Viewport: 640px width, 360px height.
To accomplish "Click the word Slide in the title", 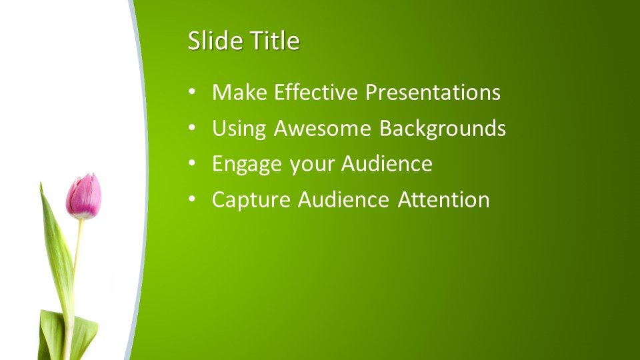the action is (215, 40).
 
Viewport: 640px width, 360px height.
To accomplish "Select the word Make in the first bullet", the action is (239, 92).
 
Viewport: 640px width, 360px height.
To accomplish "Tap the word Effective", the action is (316, 92).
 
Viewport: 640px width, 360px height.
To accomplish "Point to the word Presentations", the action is (433, 92).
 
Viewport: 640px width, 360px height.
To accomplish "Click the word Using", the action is (239, 129).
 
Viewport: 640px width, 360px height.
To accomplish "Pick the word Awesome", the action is (323, 128).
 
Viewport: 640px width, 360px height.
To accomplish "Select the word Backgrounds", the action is (443, 129).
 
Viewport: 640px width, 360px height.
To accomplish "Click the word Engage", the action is (247, 165).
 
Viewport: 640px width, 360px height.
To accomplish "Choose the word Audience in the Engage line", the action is (387, 164).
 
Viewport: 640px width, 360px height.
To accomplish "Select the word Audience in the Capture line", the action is (343, 199).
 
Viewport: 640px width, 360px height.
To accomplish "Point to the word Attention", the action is (444, 199).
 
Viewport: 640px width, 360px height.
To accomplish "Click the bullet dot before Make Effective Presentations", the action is (192, 92).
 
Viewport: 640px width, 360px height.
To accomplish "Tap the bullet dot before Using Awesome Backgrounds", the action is (192, 128).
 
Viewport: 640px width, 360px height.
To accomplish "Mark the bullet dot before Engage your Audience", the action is (192, 164).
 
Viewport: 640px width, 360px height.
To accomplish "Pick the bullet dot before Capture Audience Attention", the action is (192, 199).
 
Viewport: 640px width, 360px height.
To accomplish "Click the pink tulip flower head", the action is (84, 196).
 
